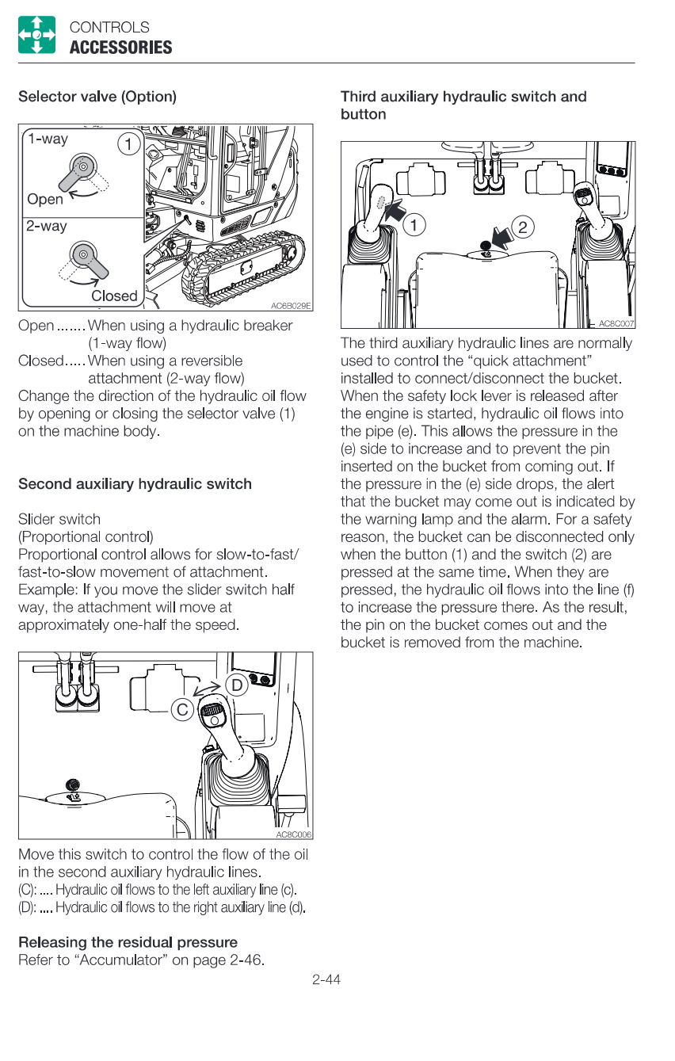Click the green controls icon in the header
pos(36,35)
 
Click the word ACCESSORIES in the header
pos(120,48)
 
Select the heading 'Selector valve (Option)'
pos(97,97)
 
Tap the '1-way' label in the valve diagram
pos(48,139)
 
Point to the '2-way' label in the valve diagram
pos(47,226)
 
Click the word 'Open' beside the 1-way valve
pos(45,199)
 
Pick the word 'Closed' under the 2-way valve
pos(114,296)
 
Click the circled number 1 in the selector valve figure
pos(128,144)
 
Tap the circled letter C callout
pos(183,710)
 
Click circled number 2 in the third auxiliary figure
pos(522,227)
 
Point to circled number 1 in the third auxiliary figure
pos(414,224)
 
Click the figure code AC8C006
pos(294,834)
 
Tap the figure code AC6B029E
pos(291,306)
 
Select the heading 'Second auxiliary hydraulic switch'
pos(135,483)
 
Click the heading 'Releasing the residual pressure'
pos(128,942)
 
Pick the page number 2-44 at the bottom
pos(326,980)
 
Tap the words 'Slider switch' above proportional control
pos(59,519)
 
